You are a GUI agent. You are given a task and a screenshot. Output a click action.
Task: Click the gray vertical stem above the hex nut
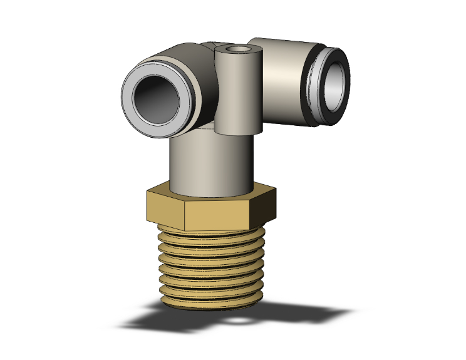click(210, 163)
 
